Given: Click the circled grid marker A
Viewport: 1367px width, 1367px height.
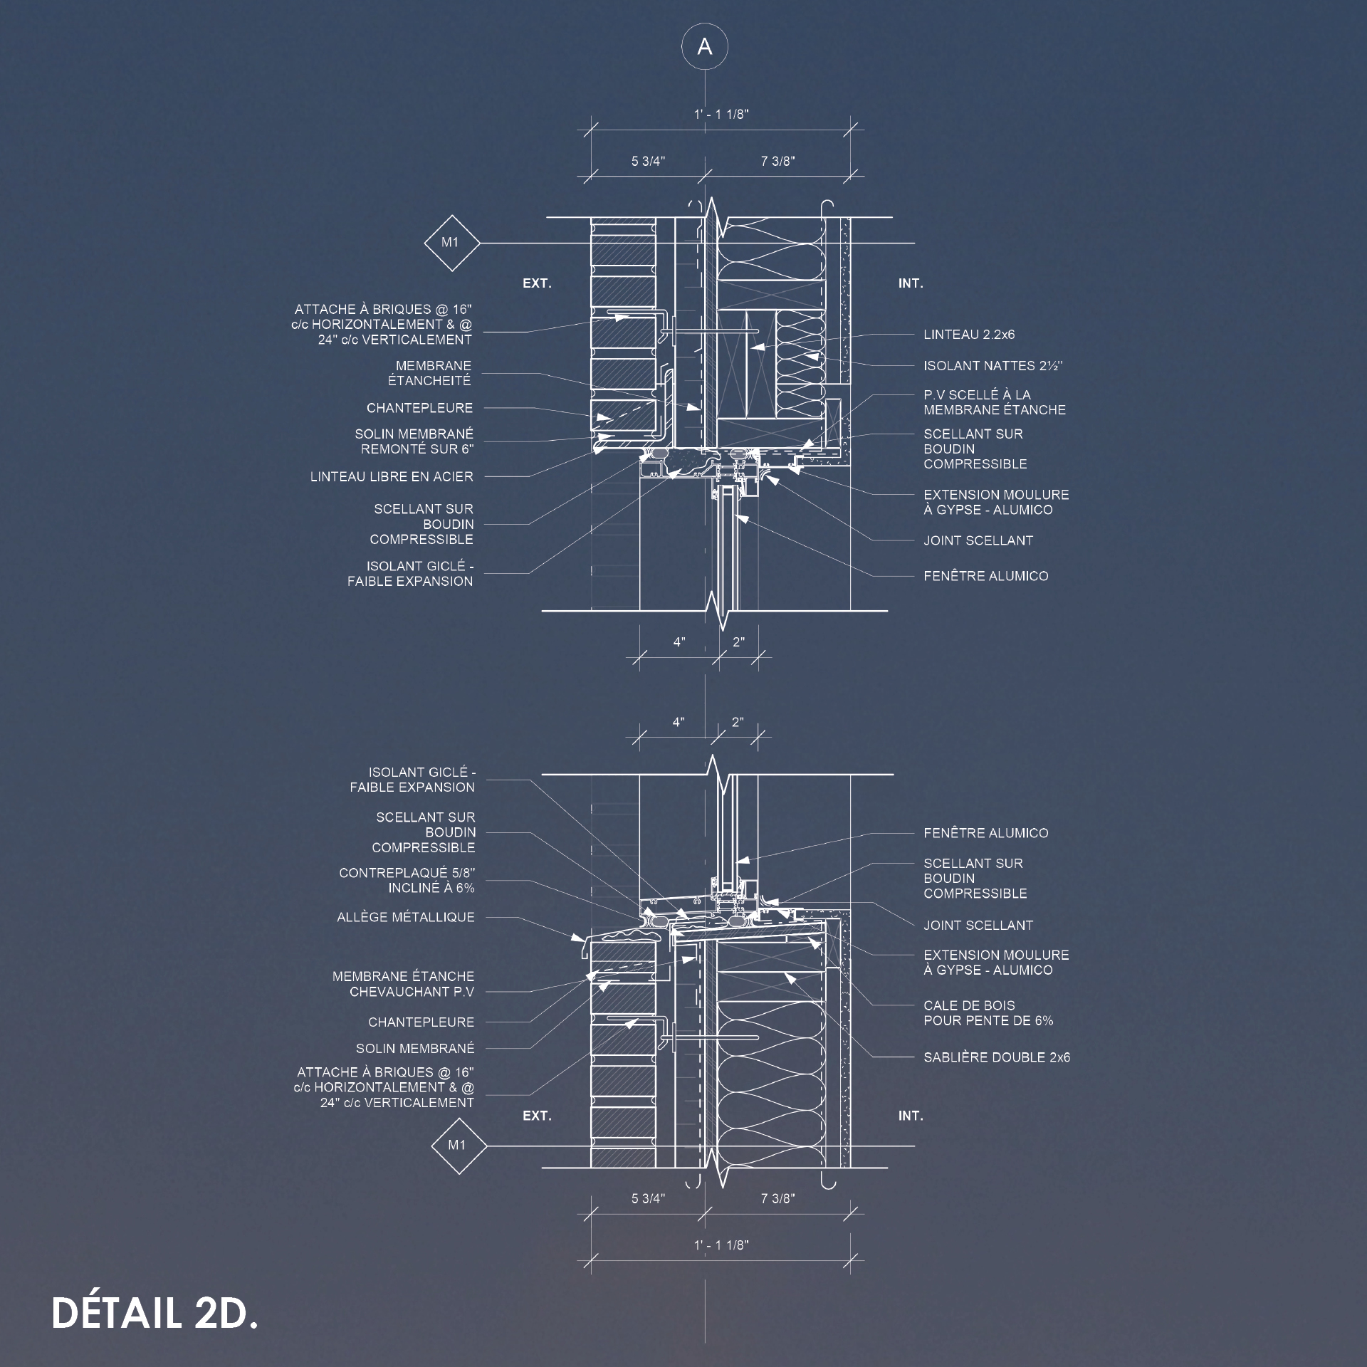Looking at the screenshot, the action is coord(705,47).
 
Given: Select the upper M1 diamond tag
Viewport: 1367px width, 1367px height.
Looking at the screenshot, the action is coord(451,243).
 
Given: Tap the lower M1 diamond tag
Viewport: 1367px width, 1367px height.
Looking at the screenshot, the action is coord(459,1146).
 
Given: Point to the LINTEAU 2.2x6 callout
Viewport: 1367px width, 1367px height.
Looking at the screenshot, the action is coord(969,335).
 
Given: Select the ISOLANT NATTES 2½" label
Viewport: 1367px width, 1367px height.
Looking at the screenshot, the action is coord(993,366).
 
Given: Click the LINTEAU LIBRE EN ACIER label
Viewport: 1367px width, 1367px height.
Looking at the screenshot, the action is coord(392,477).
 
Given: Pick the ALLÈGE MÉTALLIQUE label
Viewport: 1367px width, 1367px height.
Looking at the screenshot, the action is coord(406,917).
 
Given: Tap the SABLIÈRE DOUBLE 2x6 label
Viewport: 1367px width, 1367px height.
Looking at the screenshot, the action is coord(997,1057).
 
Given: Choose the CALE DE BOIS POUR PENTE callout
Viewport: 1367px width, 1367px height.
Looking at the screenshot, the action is coord(988,1013).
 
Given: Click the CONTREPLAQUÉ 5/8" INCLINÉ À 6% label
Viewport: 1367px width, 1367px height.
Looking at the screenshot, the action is coord(407,880).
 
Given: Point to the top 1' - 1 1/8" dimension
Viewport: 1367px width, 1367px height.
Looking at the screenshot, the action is coord(721,115).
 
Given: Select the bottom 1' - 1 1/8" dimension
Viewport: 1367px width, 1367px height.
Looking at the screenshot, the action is coord(721,1245).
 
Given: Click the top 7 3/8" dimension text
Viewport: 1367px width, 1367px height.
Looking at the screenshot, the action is coord(777,162).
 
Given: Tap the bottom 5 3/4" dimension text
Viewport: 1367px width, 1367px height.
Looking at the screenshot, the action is coord(648,1199).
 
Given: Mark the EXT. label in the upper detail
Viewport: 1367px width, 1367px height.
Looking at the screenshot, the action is coord(537,283).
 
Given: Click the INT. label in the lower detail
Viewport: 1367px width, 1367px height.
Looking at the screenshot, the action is coord(911,1116).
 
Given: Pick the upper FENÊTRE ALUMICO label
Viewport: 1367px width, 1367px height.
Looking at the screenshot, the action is coord(986,576).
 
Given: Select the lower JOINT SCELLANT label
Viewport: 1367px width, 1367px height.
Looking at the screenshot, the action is coord(978,926).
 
